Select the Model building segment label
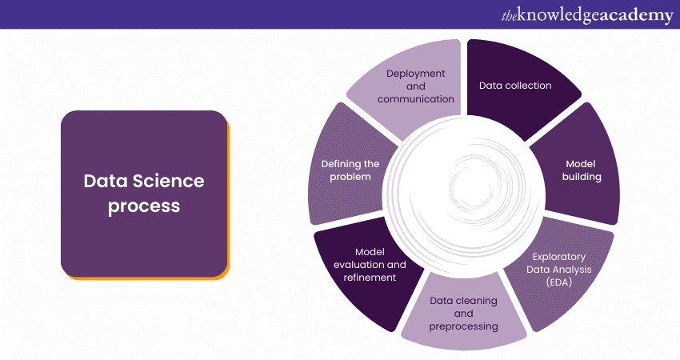point(582,170)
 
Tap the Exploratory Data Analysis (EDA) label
point(559,269)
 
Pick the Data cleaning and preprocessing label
point(463,314)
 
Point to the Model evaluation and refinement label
point(370,264)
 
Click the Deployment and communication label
point(415,86)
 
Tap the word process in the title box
point(144,206)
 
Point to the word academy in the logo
point(637,15)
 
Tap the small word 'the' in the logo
point(510,15)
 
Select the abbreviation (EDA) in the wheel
point(559,282)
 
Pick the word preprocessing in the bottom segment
point(463,326)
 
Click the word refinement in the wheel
point(370,277)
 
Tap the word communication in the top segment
point(415,99)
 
